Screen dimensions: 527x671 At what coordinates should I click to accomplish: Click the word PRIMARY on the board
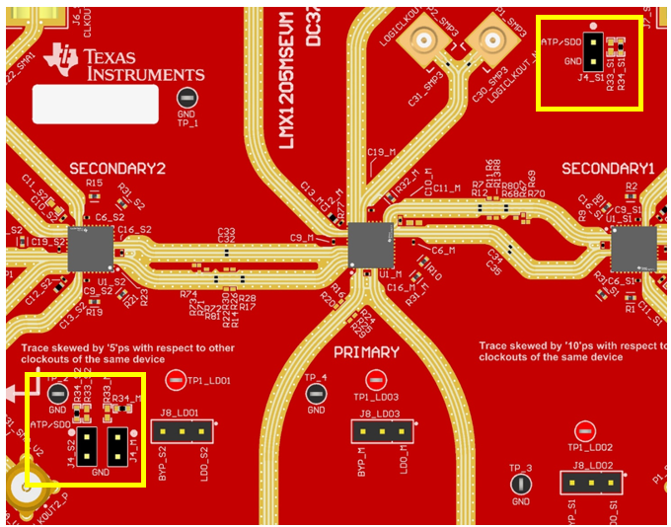[366, 352]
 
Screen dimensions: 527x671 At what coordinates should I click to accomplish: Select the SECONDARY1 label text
[608, 169]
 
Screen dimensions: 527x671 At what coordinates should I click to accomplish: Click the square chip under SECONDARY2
[91, 249]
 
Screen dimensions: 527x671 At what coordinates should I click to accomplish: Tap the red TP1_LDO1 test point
[175, 379]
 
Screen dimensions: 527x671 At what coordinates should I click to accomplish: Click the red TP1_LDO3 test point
[375, 380]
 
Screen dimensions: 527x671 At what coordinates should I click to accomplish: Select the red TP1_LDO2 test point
[585, 430]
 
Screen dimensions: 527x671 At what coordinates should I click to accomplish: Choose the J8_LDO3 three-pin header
[382, 431]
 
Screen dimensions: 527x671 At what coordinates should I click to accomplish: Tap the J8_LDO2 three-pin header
[592, 482]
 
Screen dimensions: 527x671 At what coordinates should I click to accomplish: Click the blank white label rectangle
[96, 104]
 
